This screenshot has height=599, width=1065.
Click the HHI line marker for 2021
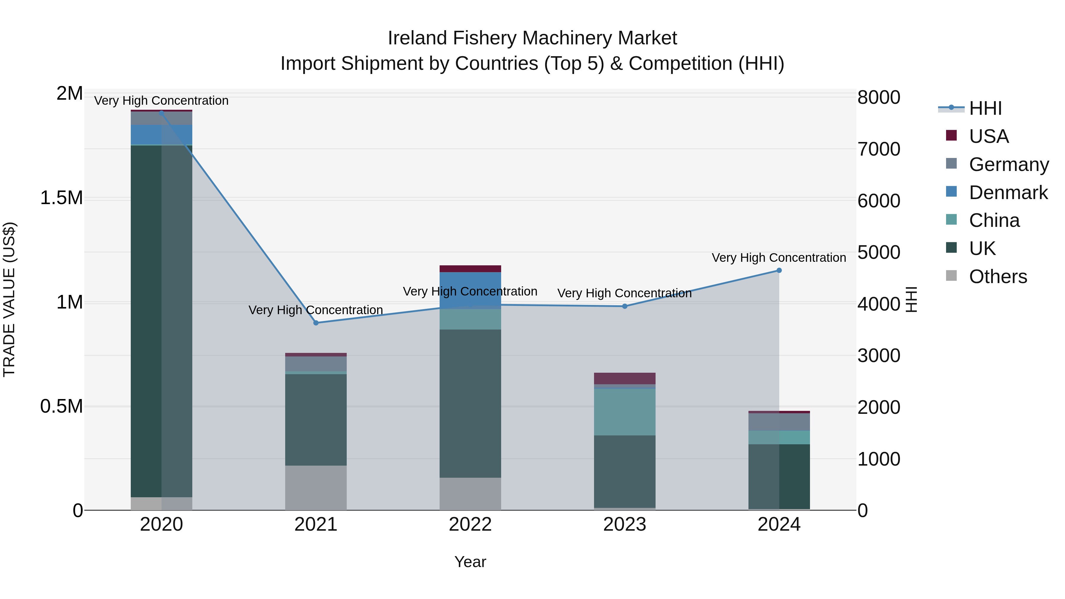[x=316, y=323]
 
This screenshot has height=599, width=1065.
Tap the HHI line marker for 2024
[x=779, y=270]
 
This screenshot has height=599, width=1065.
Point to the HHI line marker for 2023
[x=625, y=306]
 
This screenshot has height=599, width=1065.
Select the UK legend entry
[x=982, y=248]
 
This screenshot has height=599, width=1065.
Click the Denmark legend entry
[x=1008, y=193]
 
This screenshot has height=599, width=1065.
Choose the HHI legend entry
[x=985, y=108]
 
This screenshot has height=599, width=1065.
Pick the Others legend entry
[x=998, y=277]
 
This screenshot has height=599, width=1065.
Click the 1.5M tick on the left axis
[x=61, y=198]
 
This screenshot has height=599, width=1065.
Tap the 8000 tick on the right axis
[x=879, y=98]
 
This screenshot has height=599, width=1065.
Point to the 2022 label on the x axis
[x=470, y=524]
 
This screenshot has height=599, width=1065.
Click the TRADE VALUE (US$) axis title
[x=9, y=299]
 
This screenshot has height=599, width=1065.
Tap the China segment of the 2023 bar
[x=625, y=412]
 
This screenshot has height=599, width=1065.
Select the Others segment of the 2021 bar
[x=316, y=487]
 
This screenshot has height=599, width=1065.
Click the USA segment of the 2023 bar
[x=625, y=378]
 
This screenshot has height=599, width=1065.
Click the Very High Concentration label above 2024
[x=779, y=258]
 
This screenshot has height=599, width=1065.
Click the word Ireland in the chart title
[x=417, y=38]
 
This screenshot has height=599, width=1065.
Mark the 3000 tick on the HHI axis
[x=879, y=356]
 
